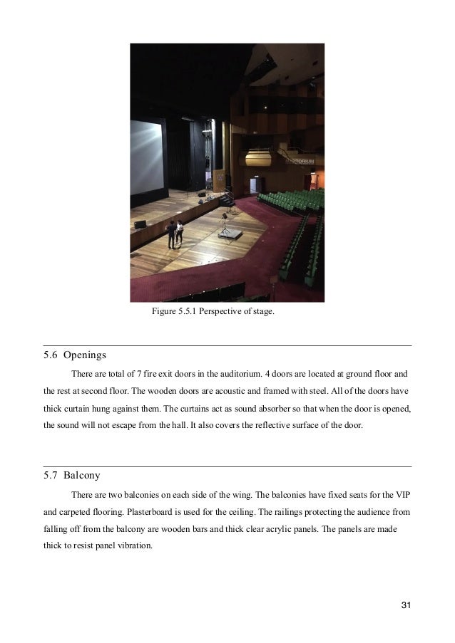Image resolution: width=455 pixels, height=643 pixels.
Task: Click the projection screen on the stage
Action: click(x=145, y=157)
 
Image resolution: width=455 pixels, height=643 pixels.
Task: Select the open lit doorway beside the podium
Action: click(x=254, y=185)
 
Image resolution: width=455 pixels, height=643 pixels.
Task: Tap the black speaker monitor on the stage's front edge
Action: click(x=140, y=224)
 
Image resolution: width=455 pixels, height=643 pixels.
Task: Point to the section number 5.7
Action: click(x=50, y=474)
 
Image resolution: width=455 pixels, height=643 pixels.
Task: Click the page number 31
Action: click(x=407, y=605)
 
